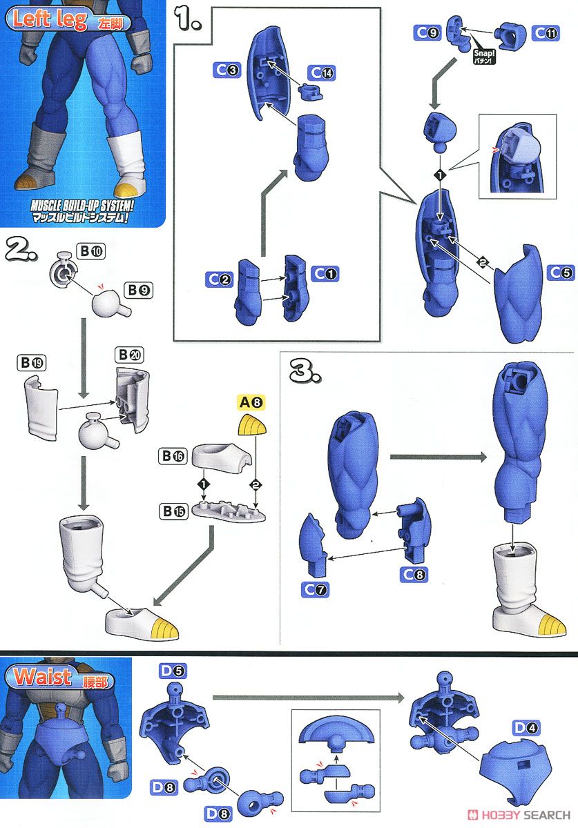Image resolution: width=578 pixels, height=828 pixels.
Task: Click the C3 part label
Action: point(227,70)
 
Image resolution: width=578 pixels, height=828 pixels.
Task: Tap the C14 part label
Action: point(322,73)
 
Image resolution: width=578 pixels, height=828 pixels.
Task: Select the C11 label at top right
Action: point(546,33)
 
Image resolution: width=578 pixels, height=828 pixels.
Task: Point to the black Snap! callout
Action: point(483,56)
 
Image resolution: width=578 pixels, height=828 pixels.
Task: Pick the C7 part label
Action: point(315,589)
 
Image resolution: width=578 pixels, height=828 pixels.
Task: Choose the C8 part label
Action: point(414,574)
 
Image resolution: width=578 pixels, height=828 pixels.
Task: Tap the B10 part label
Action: point(90,251)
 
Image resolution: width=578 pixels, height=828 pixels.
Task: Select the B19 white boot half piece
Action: point(41,406)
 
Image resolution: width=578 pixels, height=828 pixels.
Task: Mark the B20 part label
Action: point(129,355)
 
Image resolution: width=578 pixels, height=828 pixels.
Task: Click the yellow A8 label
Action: point(251,402)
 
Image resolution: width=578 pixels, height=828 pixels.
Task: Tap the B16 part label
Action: point(173,456)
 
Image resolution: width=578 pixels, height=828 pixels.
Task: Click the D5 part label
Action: point(173,671)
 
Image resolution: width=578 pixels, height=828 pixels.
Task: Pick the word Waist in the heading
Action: point(42,677)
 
